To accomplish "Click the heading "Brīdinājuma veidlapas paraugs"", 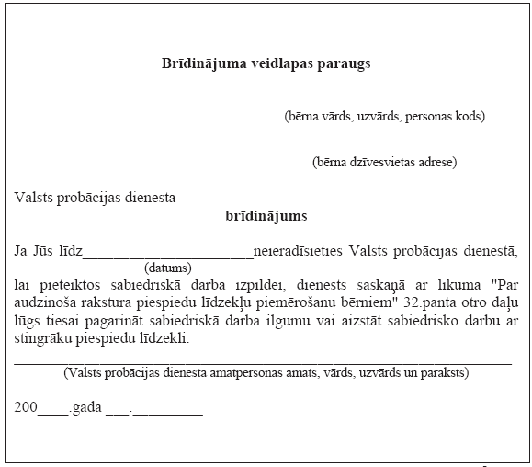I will tap(266, 64).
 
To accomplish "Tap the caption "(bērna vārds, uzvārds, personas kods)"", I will tap(384, 116).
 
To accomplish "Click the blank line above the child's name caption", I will tap(384, 107).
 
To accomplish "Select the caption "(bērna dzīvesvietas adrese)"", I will tap(384, 163).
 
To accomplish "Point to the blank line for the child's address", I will tap(384, 153).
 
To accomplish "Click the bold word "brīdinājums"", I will tap(266, 217).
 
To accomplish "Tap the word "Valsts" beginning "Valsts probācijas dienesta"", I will tap(35, 197).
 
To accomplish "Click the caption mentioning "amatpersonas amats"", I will tap(266, 373).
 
